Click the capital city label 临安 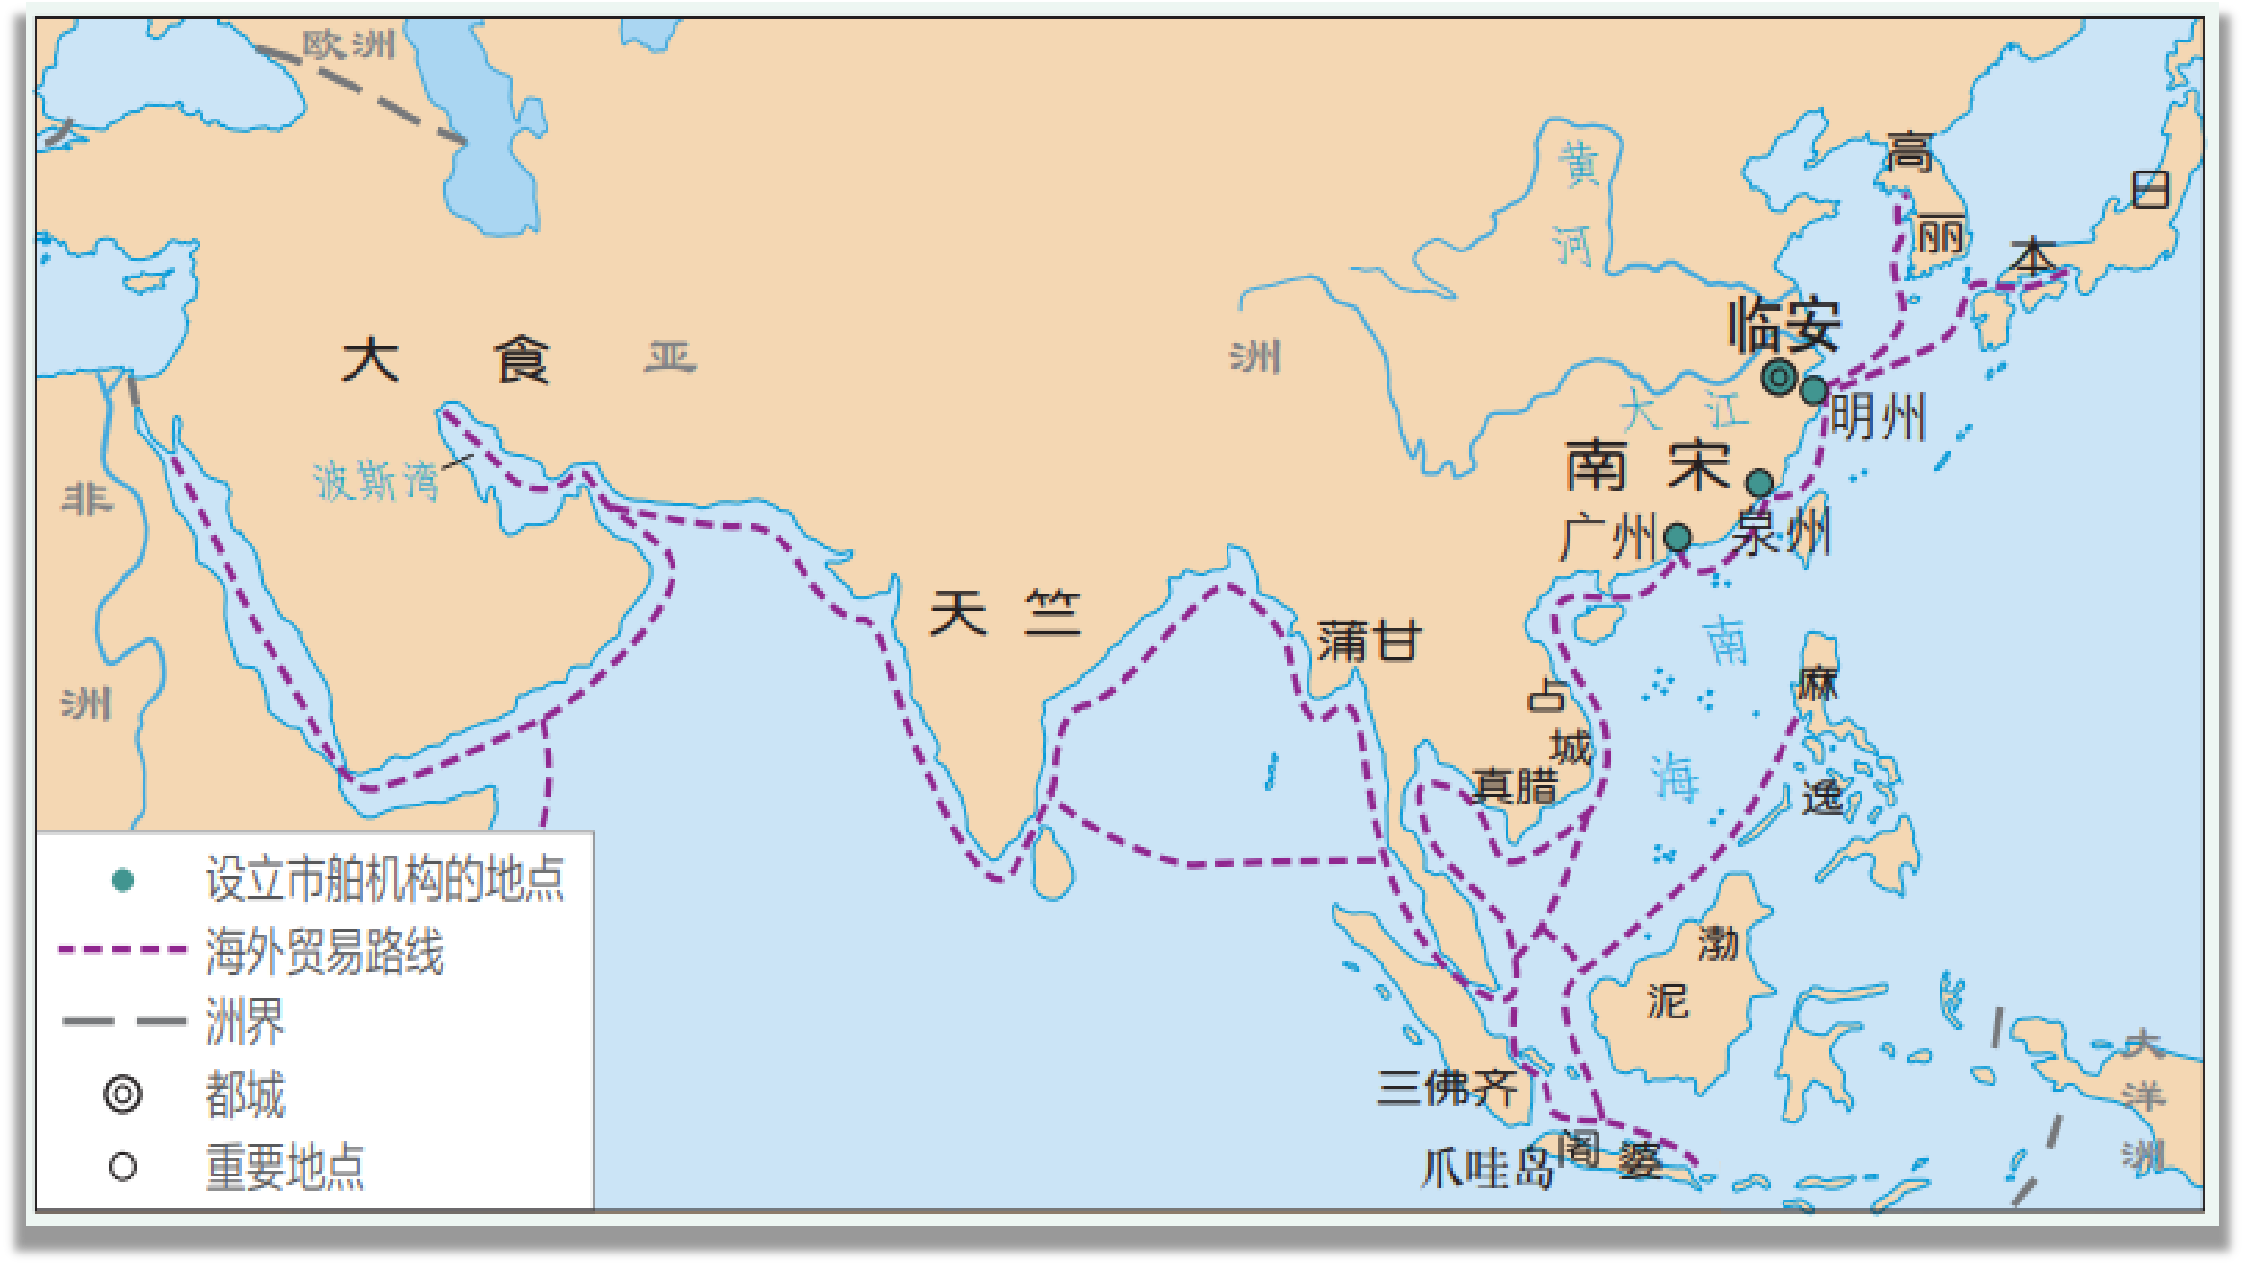pyautogui.click(x=1784, y=325)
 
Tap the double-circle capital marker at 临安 pyautogui.click(x=1779, y=377)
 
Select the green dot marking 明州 pyautogui.click(x=1813, y=390)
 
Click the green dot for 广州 pyautogui.click(x=1677, y=537)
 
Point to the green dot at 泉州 pyautogui.click(x=1759, y=483)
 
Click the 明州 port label pyautogui.click(x=1877, y=417)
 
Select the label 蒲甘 pyautogui.click(x=1369, y=641)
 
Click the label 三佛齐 pyautogui.click(x=1446, y=1088)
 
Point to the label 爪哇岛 pyautogui.click(x=1488, y=1169)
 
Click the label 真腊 pyautogui.click(x=1515, y=786)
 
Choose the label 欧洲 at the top pyautogui.click(x=348, y=44)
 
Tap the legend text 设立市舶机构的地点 pyautogui.click(x=383, y=879)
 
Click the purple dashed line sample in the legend pyautogui.click(x=121, y=950)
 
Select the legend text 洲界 pyautogui.click(x=245, y=1021)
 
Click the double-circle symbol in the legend pyautogui.click(x=122, y=1095)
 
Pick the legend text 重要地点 pyautogui.click(x=285, y=1167)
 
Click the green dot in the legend pyautogui.click(x=122, y=880)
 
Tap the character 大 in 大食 pyautogui.click(x=371, y=360)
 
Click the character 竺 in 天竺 pyautogui.click(x=1052, y=613)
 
